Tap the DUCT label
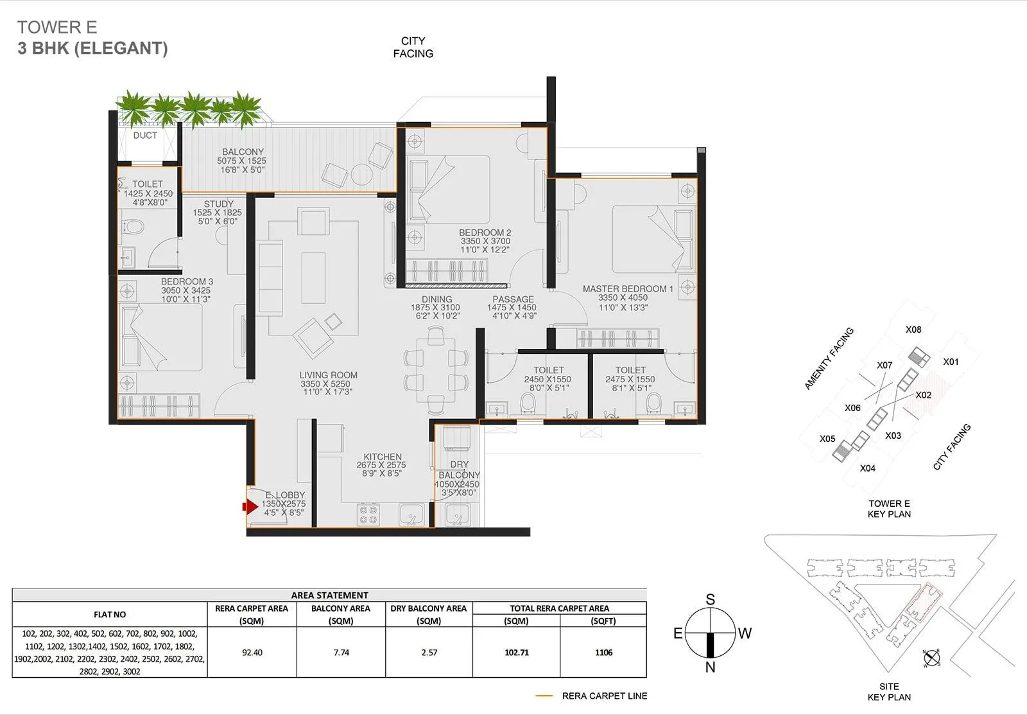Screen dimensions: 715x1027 [x=145, y=136]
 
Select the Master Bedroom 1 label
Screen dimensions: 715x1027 [x=627, y=289]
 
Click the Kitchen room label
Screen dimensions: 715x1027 [x=383, y=457]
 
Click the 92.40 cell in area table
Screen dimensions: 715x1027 [x=252, y=653]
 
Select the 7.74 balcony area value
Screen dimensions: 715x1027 [x=341, y=653]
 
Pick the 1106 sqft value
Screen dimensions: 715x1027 [x=603, y=653]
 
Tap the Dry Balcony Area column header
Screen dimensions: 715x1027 [x=429, y=608]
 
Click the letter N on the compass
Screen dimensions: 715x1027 [x=710, y=667]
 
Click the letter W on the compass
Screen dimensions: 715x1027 [x=745, y=633]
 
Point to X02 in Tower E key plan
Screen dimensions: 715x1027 [x=923, y=395]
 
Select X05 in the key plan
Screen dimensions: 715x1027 [x=827, y=439]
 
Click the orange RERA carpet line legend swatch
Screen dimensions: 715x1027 [x=544, y=696]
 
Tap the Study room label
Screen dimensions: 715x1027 [x=219, y=204]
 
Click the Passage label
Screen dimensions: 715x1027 [x=513, y=299]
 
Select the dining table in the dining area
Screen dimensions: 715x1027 [x=436, y=370]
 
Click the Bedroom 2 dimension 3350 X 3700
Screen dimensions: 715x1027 [x=485, y=242]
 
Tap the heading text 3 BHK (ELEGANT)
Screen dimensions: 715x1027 [x=93, y=48]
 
